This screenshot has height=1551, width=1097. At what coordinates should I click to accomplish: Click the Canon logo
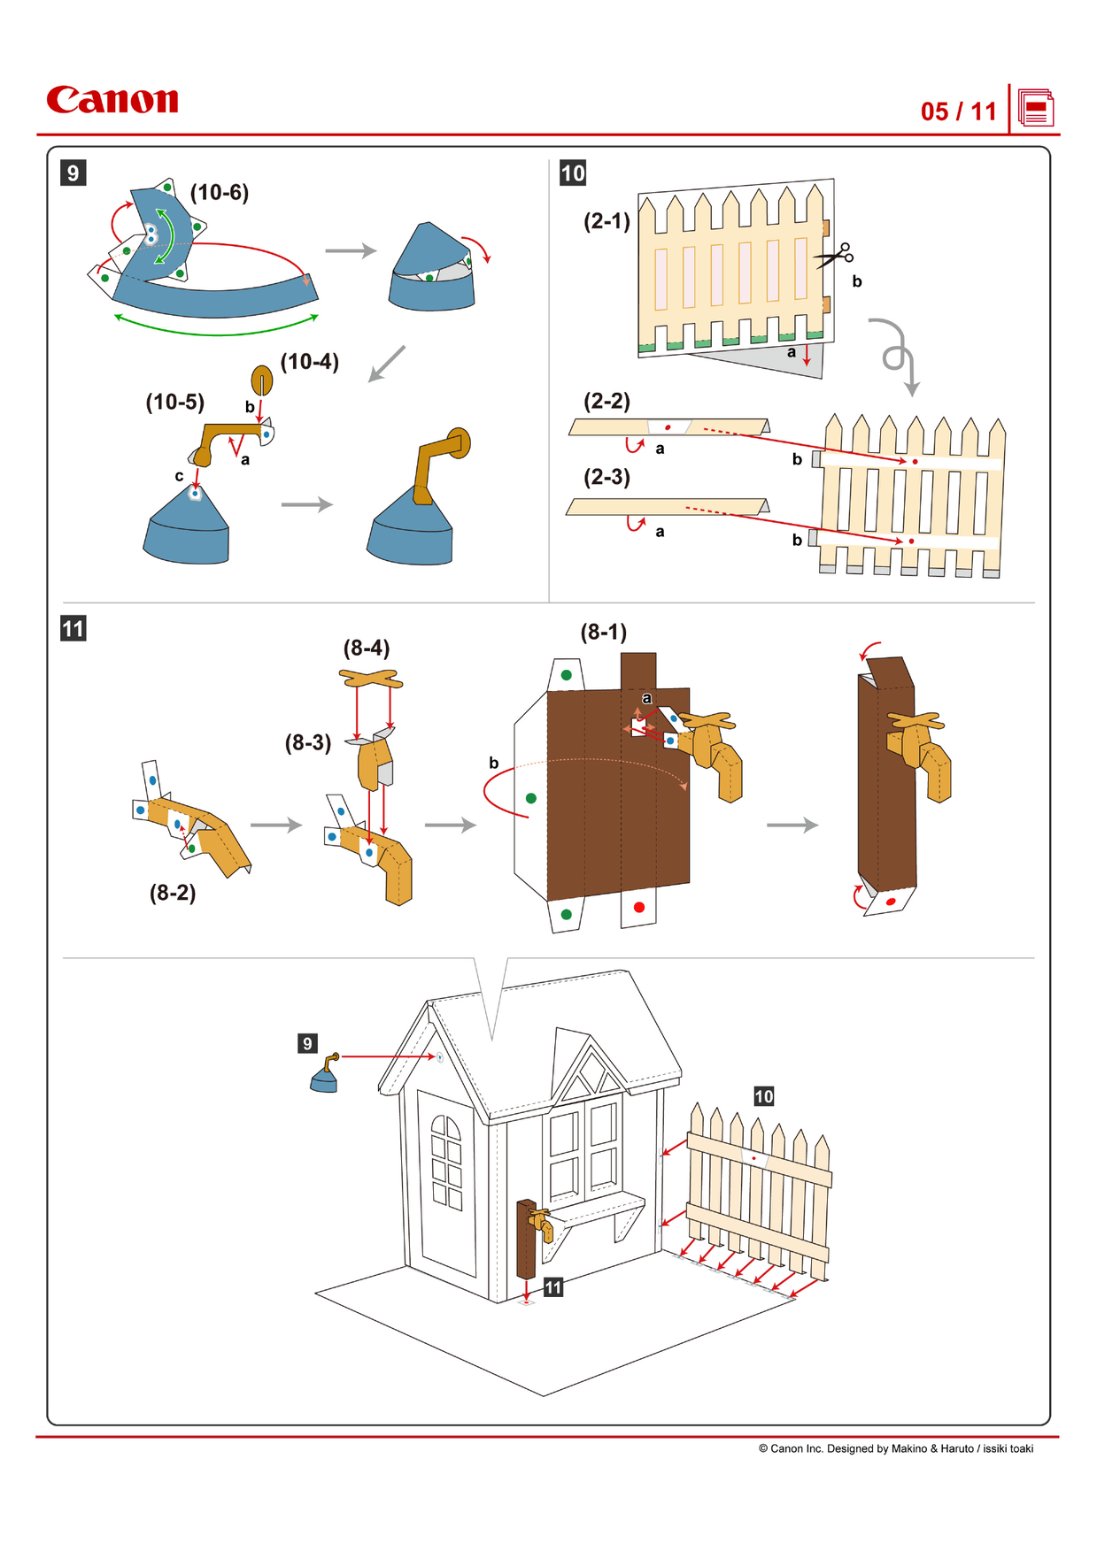112,100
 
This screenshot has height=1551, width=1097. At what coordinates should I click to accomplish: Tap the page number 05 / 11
958,111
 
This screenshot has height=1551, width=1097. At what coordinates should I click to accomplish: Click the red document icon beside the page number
1035,109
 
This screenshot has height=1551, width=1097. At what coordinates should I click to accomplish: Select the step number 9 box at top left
73,173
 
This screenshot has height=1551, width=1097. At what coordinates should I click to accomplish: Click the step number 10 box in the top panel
573,173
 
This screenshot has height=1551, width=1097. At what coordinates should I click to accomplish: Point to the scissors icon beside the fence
835,256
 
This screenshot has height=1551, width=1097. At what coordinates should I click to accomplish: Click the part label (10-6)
220,192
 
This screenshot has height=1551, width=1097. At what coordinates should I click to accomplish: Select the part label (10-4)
309,361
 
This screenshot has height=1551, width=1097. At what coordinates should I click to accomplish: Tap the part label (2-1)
606,220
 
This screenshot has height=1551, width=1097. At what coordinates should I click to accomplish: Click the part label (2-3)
606,477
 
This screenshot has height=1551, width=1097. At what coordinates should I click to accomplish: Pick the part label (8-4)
367,648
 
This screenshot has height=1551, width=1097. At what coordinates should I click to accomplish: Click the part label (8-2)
173,892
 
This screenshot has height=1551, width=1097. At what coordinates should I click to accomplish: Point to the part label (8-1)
603,632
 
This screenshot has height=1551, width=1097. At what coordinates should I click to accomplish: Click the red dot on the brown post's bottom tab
639,907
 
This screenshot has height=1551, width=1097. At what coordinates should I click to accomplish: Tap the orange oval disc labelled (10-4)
263,380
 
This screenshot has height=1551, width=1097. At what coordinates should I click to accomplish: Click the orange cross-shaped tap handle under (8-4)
371,679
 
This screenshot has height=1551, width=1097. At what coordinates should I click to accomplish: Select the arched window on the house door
446,1160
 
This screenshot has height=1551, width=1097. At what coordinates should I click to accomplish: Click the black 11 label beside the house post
553,1287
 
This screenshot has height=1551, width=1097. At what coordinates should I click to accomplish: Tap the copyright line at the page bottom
895,1448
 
